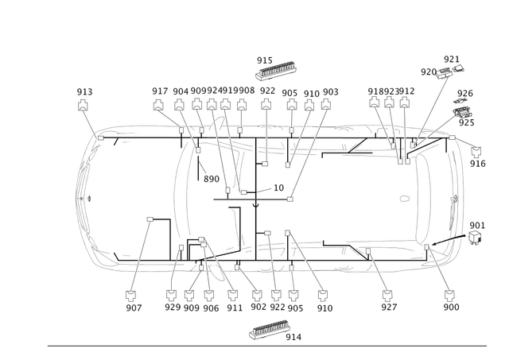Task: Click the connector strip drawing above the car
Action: pyautogui.click(x=274, y=71)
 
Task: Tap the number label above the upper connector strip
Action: pyautogui.click(x=263, y=59)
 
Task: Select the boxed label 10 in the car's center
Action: pyautogui.click(x=278, y=187)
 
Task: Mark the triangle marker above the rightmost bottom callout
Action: pyautogui.click(x=445, y=292)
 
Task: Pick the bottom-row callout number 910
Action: pyautogui.click(x=324, y=304)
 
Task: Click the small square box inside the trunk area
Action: pyautogui.click(x=149, y=217)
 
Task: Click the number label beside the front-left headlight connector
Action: pyautogui.click(x=479, y=163)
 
